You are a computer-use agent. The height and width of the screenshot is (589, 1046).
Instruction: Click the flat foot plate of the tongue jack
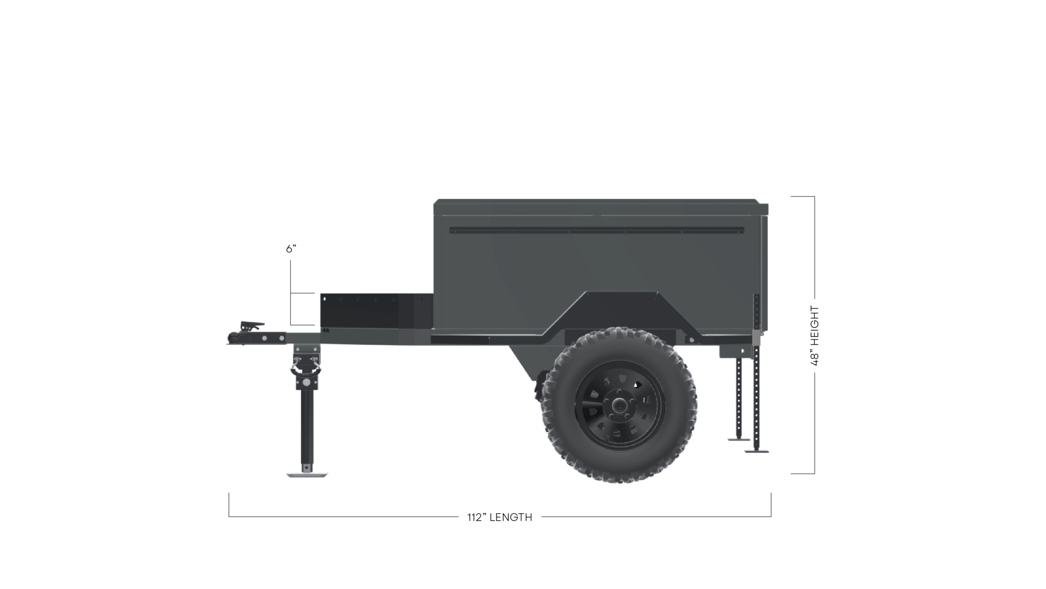307,474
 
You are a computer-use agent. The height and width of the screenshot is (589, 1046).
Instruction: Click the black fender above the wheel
621,311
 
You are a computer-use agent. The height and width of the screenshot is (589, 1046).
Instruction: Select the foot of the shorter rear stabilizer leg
739,440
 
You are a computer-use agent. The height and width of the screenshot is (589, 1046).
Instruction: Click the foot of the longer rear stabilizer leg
756,451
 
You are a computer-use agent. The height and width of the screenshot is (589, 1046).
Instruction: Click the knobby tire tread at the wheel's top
619,333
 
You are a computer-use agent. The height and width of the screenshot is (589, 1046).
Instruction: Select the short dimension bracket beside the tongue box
291,293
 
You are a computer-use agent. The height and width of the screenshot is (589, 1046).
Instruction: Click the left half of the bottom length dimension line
343,516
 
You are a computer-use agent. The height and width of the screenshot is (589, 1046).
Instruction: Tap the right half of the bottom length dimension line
656,516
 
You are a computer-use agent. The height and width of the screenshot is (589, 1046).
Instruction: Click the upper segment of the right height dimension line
815,247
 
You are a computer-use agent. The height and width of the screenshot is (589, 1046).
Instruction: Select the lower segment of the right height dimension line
815,423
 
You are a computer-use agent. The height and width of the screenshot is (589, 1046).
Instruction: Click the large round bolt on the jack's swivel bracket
306,383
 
